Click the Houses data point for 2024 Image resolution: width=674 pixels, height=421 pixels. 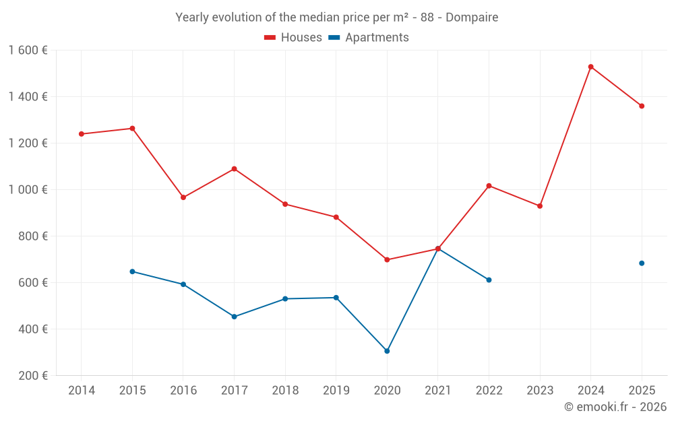590,67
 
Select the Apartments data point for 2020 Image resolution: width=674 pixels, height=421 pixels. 387,351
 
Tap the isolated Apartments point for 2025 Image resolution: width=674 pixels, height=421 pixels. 642,263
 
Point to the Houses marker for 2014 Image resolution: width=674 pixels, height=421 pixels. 82,134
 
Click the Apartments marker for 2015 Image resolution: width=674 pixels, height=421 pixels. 132,271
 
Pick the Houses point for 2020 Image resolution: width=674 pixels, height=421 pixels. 387,259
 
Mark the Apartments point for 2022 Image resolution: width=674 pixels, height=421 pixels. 489,280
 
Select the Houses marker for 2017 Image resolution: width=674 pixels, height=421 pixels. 234,168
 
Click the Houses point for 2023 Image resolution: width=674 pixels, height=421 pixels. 540,206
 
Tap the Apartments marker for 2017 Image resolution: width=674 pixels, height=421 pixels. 234,317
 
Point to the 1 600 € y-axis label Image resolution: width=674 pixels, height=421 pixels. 28,50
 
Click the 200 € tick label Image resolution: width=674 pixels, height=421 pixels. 32,375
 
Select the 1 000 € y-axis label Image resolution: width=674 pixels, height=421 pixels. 28,189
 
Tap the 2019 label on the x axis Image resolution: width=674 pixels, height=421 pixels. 336,390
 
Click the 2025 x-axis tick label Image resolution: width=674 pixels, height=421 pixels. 641,390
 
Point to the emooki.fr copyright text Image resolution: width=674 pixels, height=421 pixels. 615,407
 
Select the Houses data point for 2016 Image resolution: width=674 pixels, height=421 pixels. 183,197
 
